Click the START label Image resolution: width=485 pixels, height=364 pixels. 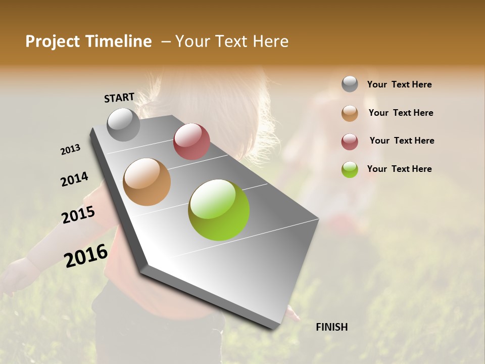[119, 98]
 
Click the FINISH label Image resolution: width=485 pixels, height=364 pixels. [332, 327]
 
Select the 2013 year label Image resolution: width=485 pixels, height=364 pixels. [70, 149]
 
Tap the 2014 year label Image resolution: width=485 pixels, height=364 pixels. [74, 179]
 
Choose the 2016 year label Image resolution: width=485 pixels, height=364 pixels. [86, 255]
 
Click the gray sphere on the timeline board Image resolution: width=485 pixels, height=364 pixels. [124, 124]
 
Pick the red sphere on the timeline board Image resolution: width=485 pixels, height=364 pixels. [191, 142]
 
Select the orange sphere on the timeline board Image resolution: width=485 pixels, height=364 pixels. [147, 182]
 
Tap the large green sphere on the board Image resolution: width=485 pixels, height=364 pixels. [219, 210]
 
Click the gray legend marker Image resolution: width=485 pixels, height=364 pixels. [350, 84]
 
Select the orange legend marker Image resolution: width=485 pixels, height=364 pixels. [350, 113]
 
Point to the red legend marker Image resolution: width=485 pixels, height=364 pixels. [350, 142]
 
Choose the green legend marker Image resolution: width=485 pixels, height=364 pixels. [350, 169]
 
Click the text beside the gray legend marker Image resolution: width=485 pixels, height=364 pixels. [399, 84]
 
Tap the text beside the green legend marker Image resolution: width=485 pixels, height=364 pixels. [399, 169]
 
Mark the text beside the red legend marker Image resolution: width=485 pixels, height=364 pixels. [402, 141]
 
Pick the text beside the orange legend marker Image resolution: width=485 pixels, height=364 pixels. [401, 113]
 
